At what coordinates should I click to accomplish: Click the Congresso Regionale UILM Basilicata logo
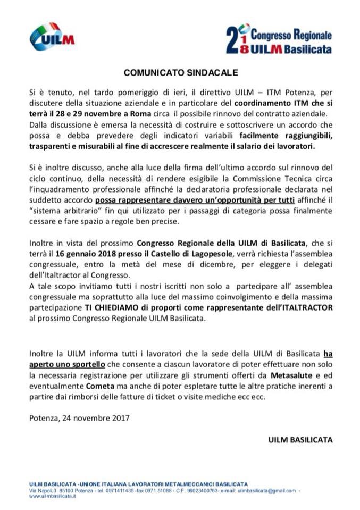[279, 38]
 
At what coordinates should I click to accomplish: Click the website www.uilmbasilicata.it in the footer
[53, 496]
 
